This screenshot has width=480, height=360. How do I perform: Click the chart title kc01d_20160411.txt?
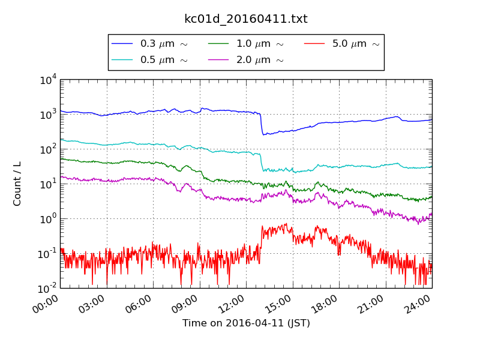tap(245, 19)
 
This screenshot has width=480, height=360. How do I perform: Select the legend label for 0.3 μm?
tap(164, 44)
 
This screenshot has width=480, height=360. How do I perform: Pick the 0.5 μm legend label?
tap(164, 60)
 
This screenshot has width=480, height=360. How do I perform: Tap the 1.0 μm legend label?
tap(260, 44)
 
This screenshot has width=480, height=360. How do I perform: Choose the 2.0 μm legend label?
tap(260, 60)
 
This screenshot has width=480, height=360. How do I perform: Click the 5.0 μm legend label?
tap(356, 44)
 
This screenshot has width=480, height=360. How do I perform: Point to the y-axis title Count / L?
tap(17, 184)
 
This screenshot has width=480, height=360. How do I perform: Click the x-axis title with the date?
tap(246, 323)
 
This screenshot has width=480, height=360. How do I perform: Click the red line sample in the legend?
tap(315, 44)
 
